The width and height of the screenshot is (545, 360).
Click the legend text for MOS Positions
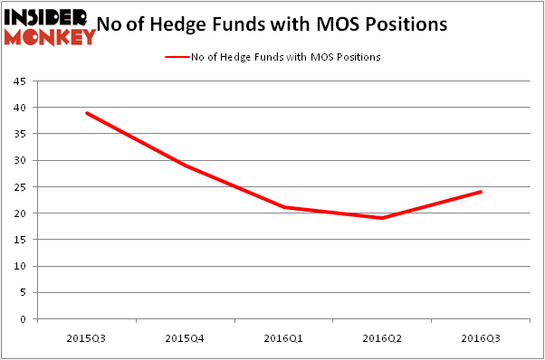[285, 57]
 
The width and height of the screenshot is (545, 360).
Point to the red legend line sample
[177, 57]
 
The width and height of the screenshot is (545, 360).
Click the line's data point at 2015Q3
[85, 113]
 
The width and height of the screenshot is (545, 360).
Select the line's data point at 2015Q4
[184, 166]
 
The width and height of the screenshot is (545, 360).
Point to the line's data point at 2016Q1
[283, 208]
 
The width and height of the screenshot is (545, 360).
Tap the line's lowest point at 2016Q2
[382, 219]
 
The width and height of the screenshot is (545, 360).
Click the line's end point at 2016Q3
[481, 192]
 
